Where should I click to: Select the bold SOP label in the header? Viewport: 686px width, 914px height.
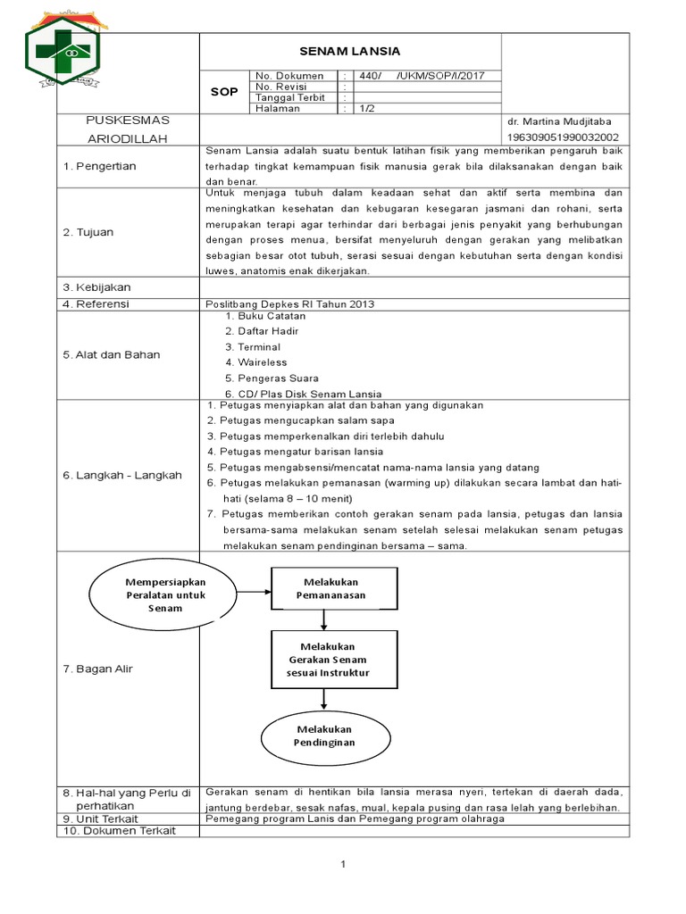tap(223, 92)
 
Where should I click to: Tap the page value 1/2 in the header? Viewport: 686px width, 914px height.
tap(367, 108)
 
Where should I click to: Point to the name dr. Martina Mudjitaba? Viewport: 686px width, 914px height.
tap(566, 120)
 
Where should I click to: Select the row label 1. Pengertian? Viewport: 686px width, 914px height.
tap(99, 166)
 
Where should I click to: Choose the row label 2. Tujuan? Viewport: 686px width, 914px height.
tap(88, 232)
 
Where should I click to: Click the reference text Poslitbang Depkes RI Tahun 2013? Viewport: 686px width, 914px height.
tap(290, 303)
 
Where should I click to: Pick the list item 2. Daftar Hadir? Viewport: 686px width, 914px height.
tap(262, 331)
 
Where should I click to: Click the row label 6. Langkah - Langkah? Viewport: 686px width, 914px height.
tap(121, 475)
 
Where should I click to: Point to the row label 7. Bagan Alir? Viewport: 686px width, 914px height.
tap(97, 669)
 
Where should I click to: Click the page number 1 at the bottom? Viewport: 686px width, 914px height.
tap(343, 864)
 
